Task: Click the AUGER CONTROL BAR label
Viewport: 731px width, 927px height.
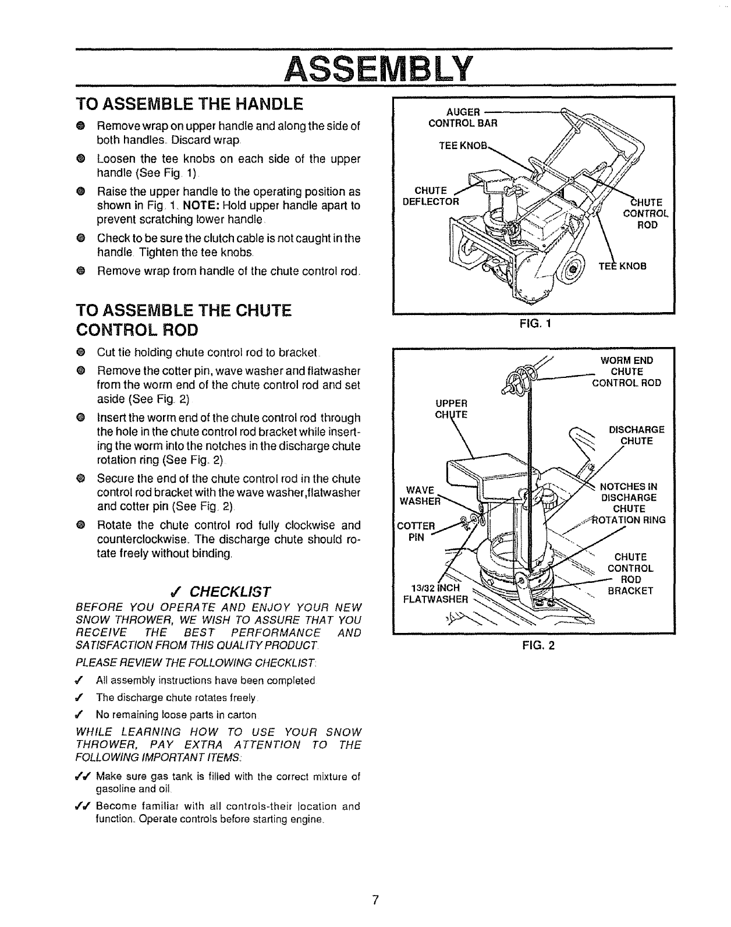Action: click(463, 117)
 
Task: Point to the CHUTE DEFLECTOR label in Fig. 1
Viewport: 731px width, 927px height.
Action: click(431, 196)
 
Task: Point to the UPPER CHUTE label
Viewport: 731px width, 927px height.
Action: click(452, 409)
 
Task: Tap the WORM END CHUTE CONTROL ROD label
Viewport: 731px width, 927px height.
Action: click(626, 371)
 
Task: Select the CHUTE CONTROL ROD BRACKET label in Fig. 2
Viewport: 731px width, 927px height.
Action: click(630, 574)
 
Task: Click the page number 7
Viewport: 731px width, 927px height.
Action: click(376, 900)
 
